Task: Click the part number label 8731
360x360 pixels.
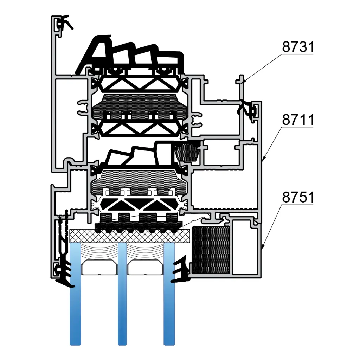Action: pos(297,47)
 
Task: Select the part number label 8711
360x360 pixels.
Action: pos(297,120)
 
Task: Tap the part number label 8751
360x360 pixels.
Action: pos(297,198)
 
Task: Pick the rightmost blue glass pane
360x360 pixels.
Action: pos(169,309)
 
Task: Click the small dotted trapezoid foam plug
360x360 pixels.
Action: pos(187,152)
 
